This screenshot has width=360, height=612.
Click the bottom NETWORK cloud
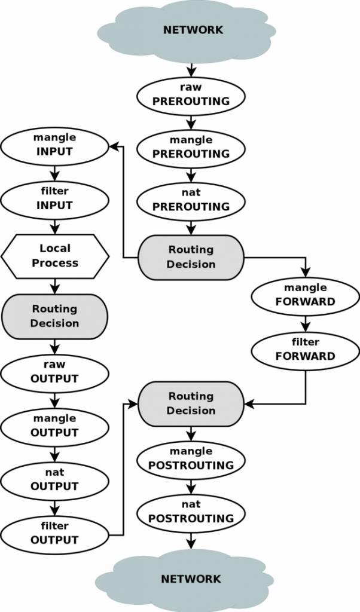(185, 579)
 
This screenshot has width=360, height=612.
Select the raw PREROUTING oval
(191, 94)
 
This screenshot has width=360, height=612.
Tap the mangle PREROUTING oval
(191, 147)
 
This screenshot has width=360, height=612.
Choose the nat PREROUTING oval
(191, 200)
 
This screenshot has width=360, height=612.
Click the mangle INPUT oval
(54, 145)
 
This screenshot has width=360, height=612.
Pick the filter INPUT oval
(54, 198)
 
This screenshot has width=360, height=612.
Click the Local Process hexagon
(55, 256)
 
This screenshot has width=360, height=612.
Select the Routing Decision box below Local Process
(55, 316)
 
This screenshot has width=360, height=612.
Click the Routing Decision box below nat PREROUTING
(191, 257)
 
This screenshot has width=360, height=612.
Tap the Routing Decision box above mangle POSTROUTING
(191, 403)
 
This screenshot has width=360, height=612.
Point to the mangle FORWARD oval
(305, 295)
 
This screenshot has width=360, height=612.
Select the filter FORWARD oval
(305, 350)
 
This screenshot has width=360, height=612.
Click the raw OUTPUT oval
(54, 372)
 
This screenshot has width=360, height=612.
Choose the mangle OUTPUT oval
(54, 426)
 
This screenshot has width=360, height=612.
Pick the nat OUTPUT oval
(54, 479)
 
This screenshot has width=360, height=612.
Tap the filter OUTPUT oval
(54, 533)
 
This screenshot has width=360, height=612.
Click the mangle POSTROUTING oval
(191, 458)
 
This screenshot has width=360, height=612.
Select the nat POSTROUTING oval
(191, 512)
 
